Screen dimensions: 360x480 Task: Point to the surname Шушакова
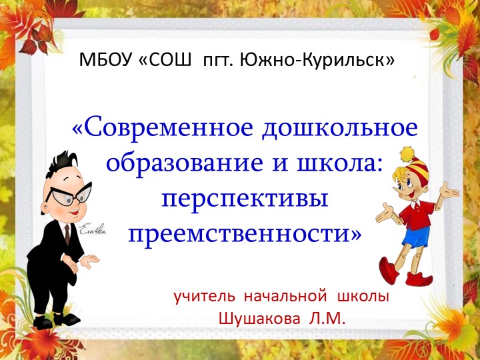click(x=259, y=318)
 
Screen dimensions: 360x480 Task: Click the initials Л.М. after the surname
click(x=327, y=318)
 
